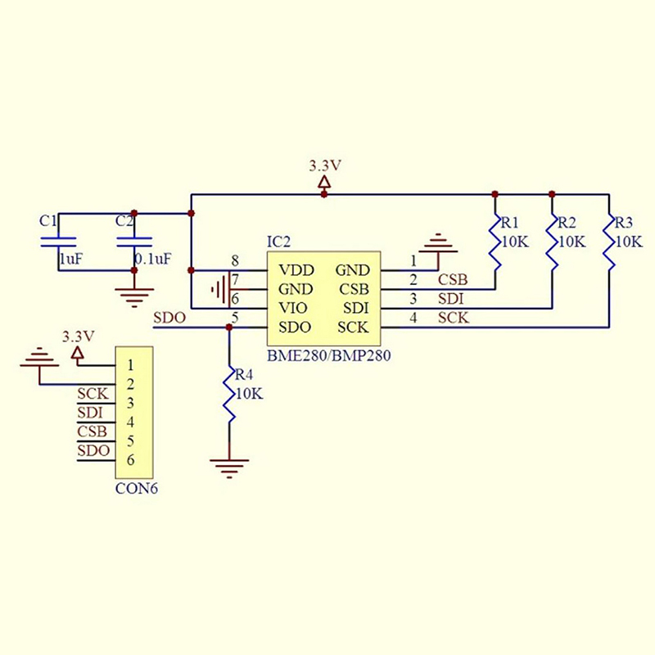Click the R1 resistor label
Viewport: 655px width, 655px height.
coord(510,223)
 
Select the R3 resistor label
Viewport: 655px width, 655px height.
coord(624,223)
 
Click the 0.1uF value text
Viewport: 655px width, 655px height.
coord(153,259)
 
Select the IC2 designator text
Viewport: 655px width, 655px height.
coord(278,242)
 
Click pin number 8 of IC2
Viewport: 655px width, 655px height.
coord(235,261)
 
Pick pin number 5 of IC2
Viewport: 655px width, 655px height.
coord(235,318)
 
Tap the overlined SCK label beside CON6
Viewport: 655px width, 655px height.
coord(92,394)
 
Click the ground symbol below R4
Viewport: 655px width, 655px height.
coord(230,468)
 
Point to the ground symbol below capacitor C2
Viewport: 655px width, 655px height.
coord(133,297)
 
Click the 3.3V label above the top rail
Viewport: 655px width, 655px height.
coord(325,165)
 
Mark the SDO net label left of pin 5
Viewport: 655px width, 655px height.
coord(169,318)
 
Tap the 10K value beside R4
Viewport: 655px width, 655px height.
coord(248,394)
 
